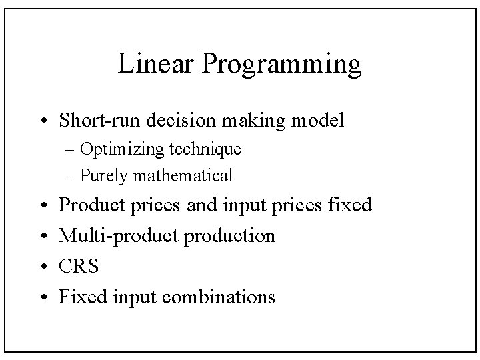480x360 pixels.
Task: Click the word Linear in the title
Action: [156, 65]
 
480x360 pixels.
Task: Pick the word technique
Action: [207, 149]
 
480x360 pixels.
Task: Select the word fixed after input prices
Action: [350, 205]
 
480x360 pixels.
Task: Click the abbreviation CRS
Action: [79, 267]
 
